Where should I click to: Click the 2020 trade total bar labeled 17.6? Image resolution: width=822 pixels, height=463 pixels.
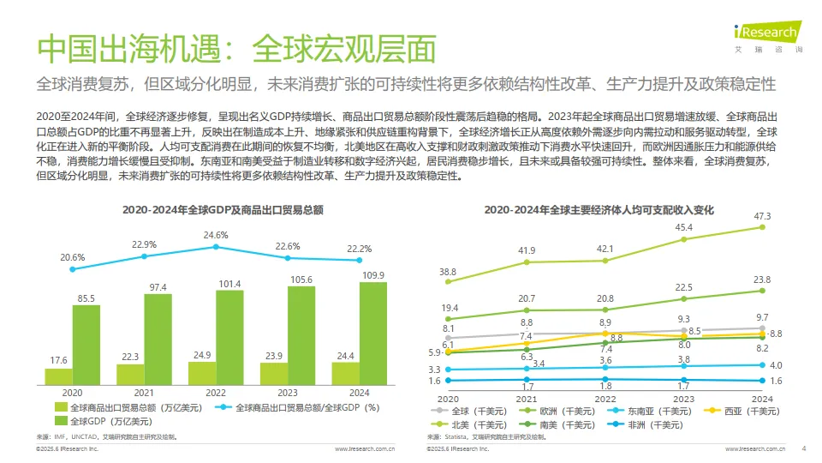(57, 376)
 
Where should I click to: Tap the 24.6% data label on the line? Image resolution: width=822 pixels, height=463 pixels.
(216, 235)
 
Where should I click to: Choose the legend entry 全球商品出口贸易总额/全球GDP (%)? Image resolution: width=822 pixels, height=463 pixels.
(307, 407)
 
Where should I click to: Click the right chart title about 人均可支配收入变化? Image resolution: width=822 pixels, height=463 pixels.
(599, 208)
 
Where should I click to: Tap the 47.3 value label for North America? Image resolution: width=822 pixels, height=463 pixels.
(762, 216)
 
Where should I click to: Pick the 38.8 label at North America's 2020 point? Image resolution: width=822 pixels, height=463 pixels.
(448, 272)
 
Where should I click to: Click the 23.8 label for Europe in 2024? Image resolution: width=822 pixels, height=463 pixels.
(762, 280)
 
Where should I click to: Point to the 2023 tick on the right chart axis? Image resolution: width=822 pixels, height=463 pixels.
(683, 399)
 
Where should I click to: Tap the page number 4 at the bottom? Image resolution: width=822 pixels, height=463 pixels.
(803, 448)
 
